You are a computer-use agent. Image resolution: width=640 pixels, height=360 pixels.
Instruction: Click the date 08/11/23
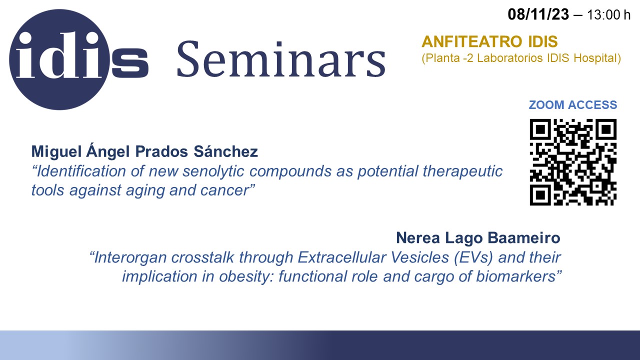pyautogui.click(x=538, y=14)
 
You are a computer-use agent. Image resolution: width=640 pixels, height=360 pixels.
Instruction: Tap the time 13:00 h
pyautogui.click(x=608, y=15)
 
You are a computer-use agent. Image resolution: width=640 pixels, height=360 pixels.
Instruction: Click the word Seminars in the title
pyautogui.click(x=281, y=59)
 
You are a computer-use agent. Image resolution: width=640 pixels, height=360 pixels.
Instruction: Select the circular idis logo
pyautogui.click(x=59, y=59)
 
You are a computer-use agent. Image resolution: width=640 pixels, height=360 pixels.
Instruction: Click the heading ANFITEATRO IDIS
pyautogui.click(x=489, y=41)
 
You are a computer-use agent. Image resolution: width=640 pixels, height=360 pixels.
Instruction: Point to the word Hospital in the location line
pyautogui.click(x=597, y=58)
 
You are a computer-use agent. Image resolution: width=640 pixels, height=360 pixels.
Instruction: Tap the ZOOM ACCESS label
pyautogui.click(x=573, y=105)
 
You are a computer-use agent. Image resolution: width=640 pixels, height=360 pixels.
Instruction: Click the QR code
pyautogui.click(x=573, y=162)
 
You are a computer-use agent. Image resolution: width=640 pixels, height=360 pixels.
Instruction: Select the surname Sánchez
pyautogui.click(x=225, y=151)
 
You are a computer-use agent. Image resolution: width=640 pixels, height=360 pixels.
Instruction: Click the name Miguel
pyautogui.click(x=56, y=151)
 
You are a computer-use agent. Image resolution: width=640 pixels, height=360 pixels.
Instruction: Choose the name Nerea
pyautogui.click(x=418, y=237)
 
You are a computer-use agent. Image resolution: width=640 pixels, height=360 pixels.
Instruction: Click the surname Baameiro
pyautogui.click(x=523, y=237)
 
